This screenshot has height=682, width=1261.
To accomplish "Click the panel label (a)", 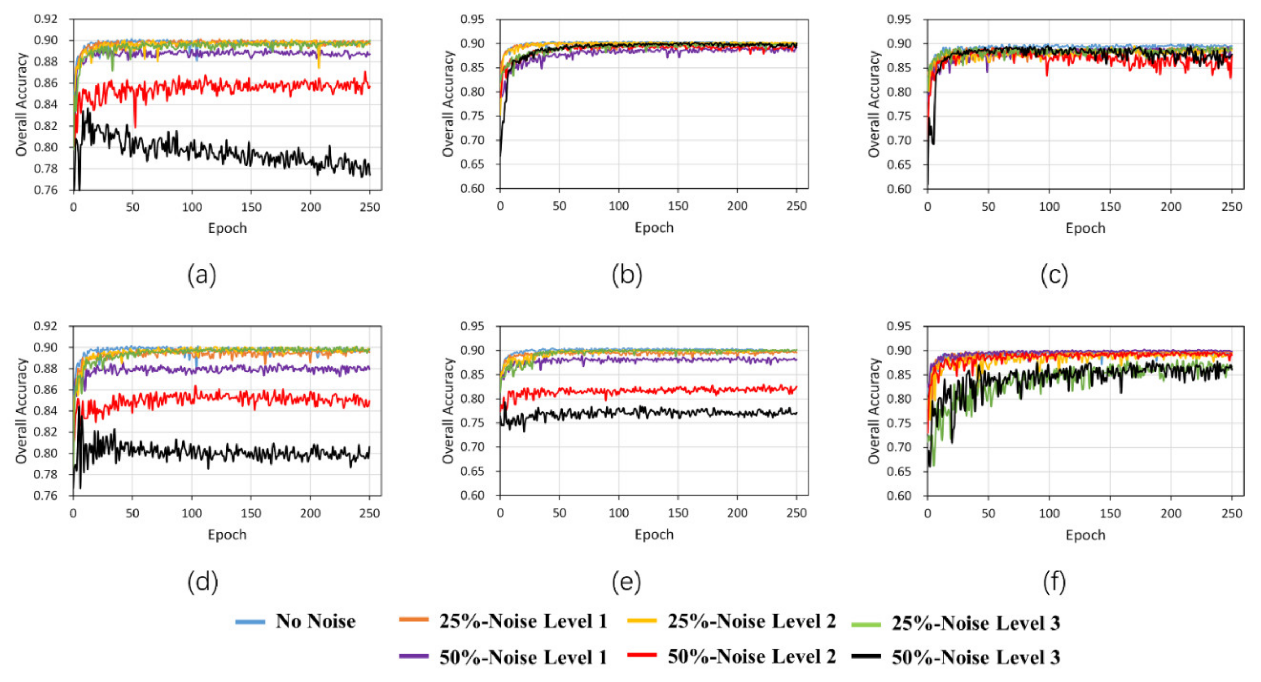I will (x=202, y=275).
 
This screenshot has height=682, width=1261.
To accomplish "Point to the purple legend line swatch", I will (x=414, y=656).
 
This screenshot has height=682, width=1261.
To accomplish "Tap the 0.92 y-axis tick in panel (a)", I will (x=46, y=19).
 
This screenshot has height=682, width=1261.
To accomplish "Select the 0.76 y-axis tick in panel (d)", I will (x=46, y=495).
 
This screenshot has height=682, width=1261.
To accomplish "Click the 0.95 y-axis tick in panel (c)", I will (x=899, y=20).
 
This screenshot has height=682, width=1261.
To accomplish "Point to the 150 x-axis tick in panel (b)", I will (x=678, y=206).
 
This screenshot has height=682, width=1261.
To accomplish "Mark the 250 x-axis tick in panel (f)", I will (x=1232, y=513).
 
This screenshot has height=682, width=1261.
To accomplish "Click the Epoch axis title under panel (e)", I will (x=654, y=535).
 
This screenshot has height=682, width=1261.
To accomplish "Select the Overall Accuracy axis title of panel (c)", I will (x=874, y=104).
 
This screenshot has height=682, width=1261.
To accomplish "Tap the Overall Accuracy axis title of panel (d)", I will (x=21, y=410).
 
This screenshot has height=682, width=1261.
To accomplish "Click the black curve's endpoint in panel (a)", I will (x=370, y=174).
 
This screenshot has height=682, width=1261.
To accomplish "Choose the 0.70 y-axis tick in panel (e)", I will (x=472, y=447).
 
